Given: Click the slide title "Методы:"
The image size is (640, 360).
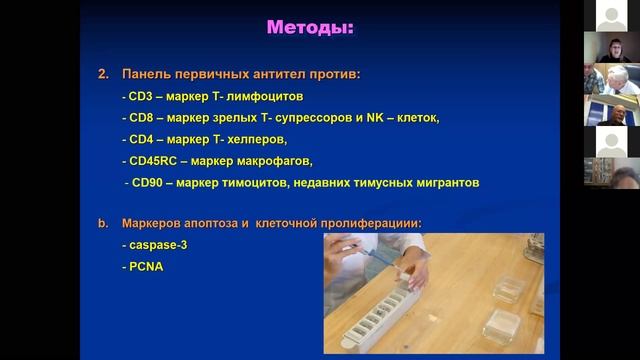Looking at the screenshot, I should pos(310,28).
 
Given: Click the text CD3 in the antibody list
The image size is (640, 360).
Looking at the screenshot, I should pos(140,97).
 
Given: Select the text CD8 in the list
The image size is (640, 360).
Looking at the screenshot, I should pos(140,118).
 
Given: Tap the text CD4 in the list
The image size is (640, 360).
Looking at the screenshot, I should pos(140,139).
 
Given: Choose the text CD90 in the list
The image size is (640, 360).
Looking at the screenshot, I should pos(146,182).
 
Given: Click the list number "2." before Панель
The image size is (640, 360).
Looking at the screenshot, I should pos(103,75).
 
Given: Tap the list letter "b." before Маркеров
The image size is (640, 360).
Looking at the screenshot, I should pos(103,223).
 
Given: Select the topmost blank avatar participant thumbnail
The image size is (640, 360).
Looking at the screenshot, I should pos(611,15).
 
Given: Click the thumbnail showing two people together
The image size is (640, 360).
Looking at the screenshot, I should pos(611,79).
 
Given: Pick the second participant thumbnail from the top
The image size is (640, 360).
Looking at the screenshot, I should pos(611,46).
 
